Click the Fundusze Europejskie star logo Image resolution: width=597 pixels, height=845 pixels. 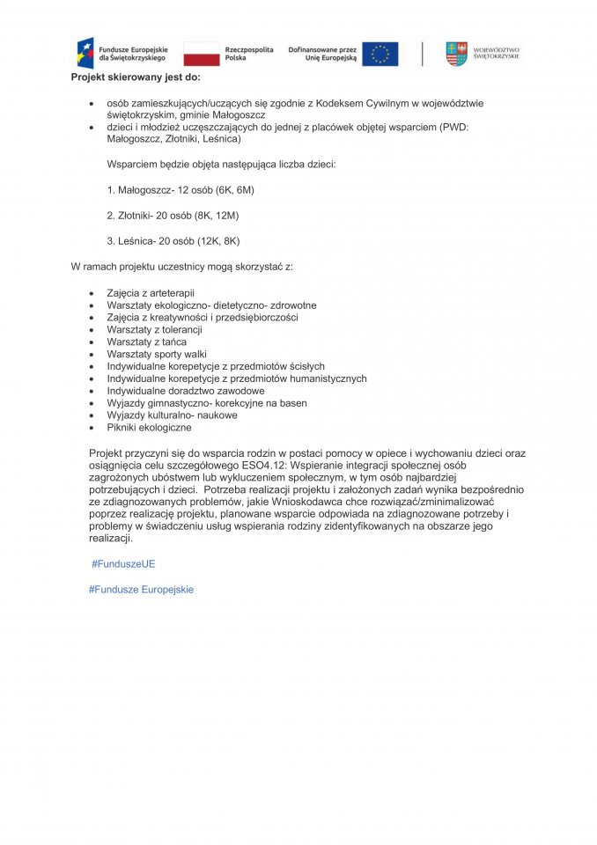[85, 53]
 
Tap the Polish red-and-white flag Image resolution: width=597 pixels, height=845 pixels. [202, 54]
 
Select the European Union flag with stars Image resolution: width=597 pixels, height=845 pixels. [380, 54]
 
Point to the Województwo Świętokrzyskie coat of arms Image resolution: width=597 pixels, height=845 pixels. [455, 54]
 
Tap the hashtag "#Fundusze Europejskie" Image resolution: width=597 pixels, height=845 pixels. [141, 589]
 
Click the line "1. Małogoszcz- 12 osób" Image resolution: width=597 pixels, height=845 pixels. [181, 189]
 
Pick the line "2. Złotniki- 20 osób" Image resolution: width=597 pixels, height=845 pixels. [173, 215]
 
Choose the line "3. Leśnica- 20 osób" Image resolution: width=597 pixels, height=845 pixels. [173, 240]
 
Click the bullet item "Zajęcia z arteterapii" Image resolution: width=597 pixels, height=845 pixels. [151, 293]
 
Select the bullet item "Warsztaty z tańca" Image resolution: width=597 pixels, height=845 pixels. [147, 342]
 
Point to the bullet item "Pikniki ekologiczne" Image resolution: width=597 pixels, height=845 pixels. [149, 427]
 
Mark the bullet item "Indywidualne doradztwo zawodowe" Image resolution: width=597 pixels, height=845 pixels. [186, 391]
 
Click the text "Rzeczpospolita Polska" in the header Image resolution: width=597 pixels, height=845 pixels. [249, 54]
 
